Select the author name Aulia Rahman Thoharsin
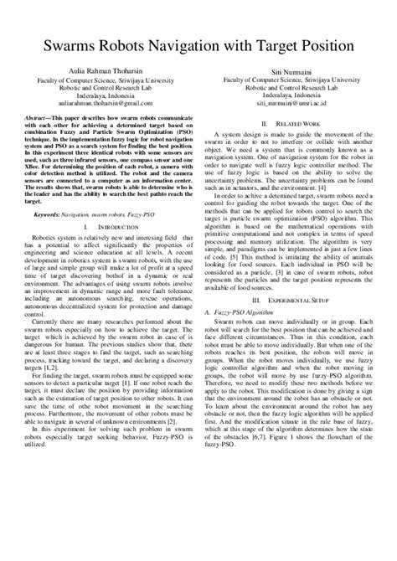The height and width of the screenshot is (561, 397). pos(103,72)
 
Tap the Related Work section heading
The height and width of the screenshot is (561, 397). pos(296,122)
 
